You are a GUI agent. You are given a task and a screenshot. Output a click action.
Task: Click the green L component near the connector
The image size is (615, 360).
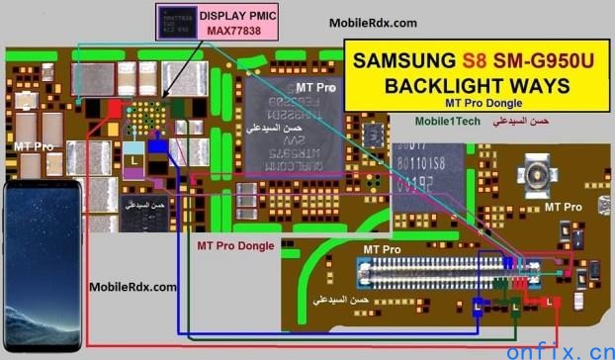(515, 308)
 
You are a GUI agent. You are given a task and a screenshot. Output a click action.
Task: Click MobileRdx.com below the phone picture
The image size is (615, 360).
(133, 287)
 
